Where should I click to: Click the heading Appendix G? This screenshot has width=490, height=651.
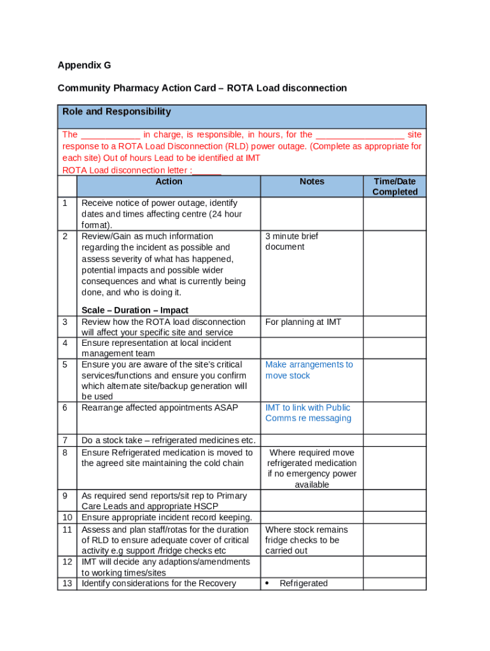[84, 65]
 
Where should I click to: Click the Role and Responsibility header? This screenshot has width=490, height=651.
[116, 112]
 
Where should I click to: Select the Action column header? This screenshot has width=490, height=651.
[169, 182]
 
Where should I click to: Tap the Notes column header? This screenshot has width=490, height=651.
[312, 182]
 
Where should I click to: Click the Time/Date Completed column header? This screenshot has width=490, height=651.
[395, 187]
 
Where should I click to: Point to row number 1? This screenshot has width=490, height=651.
[65, 203]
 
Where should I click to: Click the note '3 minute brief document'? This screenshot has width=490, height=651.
[291, 242]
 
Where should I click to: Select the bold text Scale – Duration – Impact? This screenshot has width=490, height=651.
[135, 310]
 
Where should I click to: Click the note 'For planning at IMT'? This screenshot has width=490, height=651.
[303, 322]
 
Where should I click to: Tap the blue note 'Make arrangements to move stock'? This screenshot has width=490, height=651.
[309, 370]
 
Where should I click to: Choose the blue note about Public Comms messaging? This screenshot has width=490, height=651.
[308, 413]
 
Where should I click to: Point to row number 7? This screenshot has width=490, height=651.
[65, 441]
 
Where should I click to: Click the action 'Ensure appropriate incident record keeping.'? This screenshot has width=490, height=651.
[167, 517]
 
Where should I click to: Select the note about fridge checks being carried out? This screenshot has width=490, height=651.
[307, 540]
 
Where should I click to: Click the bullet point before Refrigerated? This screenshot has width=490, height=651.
[268, 584]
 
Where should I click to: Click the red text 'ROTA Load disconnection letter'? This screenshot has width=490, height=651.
[125, 170]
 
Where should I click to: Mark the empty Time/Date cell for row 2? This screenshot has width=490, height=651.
[395, 264]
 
